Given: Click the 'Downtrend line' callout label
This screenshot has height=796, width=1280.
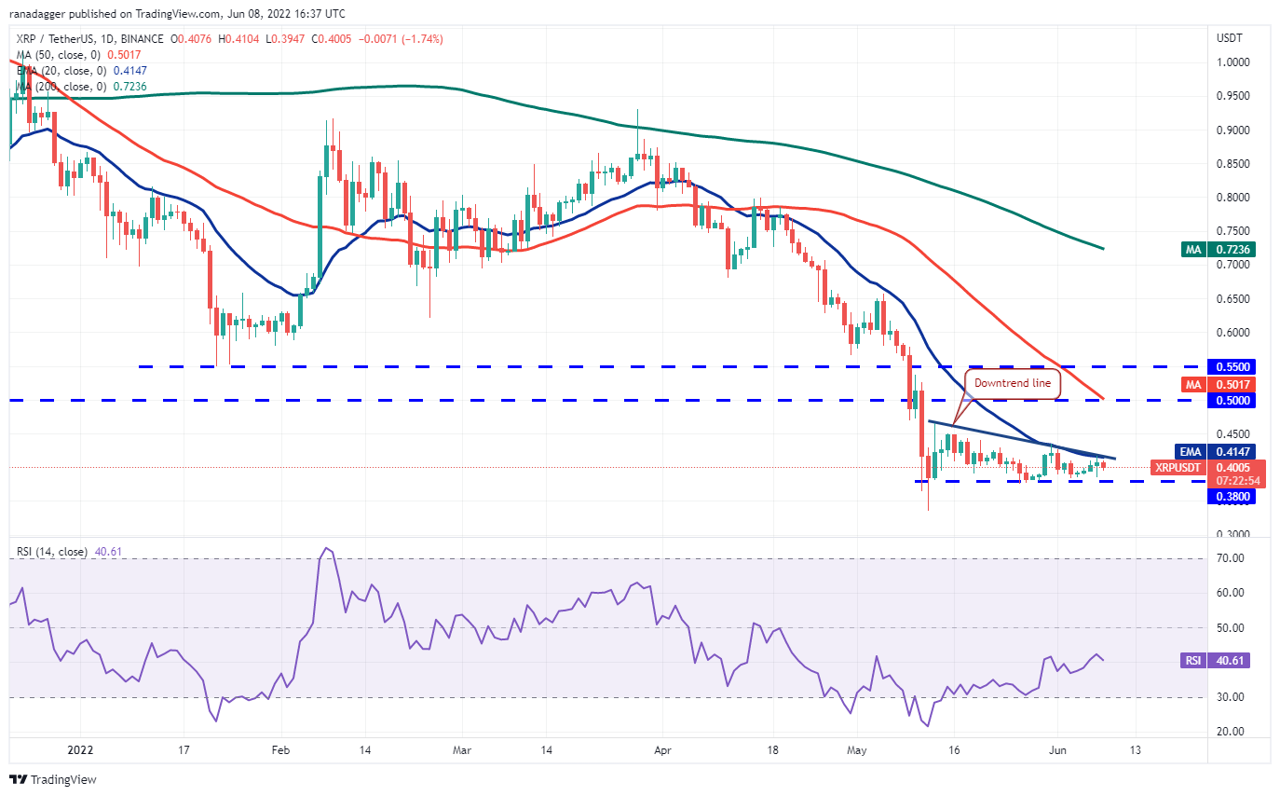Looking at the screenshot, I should (x=1013, y=383).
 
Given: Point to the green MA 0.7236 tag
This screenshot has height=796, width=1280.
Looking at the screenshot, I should (x=1228, y=249).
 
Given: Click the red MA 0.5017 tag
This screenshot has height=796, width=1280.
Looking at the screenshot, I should (x=1228, y=384).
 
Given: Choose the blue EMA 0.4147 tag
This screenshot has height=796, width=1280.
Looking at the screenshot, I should (x=1228, y=451).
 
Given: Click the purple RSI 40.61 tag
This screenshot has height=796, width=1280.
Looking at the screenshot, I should (x=1228, y=661).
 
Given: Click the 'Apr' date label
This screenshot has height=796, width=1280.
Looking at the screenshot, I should (x=661, y=748).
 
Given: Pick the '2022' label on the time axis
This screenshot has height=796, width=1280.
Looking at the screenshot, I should (x=80, y=748).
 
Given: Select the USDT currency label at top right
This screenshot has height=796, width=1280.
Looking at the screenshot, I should (x=1229, y=38).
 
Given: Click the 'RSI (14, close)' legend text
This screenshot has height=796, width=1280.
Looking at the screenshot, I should (x=52, y=552).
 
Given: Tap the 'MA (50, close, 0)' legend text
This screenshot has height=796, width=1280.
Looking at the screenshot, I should (x=58, y=55).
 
